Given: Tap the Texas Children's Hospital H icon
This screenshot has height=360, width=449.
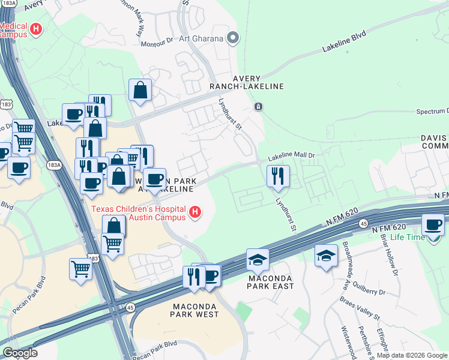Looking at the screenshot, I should pyautogui.click(x=194, y=211).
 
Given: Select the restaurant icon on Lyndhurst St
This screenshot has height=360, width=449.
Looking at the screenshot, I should pyautogui.click(x=278, y=175).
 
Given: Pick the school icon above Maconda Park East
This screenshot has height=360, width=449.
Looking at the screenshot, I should pyautogui.click(x=258, y=259).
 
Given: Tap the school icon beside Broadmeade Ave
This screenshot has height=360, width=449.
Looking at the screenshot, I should pyautogui.click(x=326, y=256).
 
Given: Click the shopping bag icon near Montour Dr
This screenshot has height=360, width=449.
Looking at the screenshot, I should pyautogui.click(x=140, y=91).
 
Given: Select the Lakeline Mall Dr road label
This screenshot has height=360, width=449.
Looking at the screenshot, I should pyautogui.click(x=291, y=156).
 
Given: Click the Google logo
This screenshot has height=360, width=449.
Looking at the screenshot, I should pyautogui.click(x=20, y=353).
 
